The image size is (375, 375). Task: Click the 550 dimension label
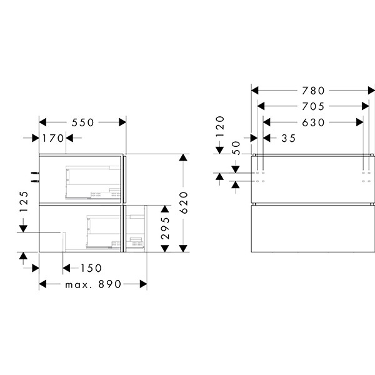tap(82, 122)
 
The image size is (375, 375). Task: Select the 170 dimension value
tap(53, 138)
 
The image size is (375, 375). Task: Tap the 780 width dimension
tap(313, 91)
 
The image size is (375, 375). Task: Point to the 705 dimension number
tap(313, 106)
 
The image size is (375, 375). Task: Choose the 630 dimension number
tap(313, 122)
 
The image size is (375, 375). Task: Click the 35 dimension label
tap(288, 138)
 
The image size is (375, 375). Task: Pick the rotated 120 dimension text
tap(220, 126)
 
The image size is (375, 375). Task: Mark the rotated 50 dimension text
tap(236, 147)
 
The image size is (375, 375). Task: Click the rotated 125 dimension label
tap(24, 202)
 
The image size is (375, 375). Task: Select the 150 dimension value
tap(91, 268)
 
